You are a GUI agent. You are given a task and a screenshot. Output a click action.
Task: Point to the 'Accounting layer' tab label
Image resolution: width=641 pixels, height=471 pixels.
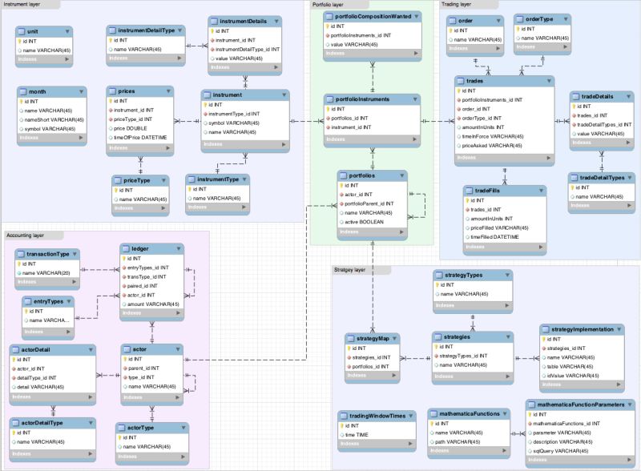pos(26,235)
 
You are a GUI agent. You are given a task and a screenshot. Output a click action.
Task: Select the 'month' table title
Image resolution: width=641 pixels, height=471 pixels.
pos(38,91)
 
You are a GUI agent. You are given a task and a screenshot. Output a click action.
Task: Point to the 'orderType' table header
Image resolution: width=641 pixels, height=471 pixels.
pos(539,18)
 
